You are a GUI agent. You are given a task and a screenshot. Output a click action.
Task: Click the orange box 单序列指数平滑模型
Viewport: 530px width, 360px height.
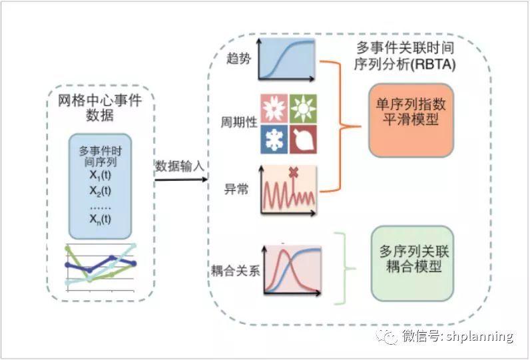pos(411,120)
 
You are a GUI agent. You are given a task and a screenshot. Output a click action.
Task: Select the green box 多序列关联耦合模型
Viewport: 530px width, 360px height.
pos(412,264)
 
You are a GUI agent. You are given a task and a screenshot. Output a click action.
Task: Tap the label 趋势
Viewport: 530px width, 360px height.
pos(239,59)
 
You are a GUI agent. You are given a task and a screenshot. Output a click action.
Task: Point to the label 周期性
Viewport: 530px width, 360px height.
pos(239,122)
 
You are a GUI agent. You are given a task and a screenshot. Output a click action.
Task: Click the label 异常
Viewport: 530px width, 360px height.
pos(236,189)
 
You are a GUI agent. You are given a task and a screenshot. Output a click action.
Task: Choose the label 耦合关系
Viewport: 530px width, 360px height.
pos(236,271)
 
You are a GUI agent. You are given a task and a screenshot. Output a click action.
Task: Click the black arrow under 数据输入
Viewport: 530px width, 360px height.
pos(181,179)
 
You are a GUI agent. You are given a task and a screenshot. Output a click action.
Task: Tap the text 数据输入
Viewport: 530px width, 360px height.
pos(180,166)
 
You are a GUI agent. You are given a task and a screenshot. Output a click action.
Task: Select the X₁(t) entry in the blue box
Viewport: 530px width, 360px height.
pos(100,175)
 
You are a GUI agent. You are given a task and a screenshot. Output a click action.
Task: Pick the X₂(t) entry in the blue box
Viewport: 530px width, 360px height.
pos(100,191)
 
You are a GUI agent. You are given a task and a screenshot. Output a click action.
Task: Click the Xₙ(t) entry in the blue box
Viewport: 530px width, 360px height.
pos(100,219)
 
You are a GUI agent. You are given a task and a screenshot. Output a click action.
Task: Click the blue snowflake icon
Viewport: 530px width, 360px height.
pos(274,140)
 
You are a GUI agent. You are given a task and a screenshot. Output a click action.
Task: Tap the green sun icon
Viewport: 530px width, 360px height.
pos(303,108)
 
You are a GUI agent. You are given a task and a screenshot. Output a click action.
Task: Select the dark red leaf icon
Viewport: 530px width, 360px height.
pos(303,140)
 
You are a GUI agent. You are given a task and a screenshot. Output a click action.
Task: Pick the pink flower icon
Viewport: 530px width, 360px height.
pos(274,108)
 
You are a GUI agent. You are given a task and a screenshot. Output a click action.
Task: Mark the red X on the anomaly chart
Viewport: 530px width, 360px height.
pos(293,172)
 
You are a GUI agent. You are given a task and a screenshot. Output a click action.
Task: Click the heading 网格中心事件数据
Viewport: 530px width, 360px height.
pos(100,108)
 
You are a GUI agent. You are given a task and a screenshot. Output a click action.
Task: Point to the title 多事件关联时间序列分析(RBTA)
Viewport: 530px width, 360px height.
pos(405,56)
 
